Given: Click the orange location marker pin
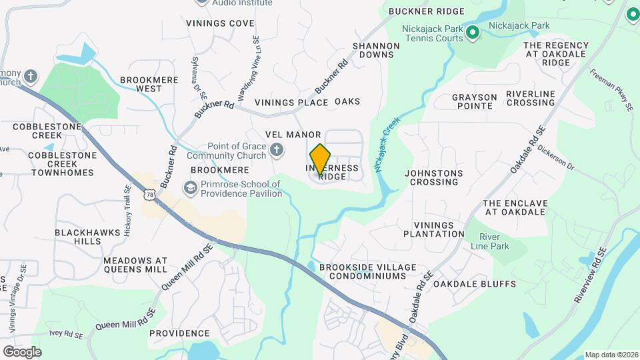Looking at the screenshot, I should point(321,159).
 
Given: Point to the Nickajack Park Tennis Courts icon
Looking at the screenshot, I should point(473,31).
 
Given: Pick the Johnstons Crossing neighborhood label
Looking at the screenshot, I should point(433,177).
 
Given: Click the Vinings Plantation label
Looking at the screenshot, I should point(438,229).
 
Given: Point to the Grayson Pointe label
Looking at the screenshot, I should point(475,101).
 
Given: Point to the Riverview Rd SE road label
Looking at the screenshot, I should point(591,276).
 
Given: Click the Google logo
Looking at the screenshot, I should point(22,351).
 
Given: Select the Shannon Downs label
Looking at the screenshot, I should point(376,50).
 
